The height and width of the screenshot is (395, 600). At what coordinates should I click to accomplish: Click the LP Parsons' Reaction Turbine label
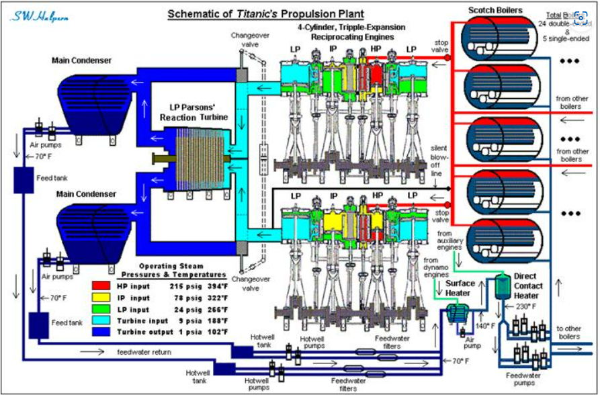[x=194, y=112]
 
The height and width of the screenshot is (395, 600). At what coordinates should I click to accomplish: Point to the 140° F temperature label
[x=486, y=326]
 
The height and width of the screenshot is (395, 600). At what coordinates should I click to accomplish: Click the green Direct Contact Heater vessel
[x=501, y=287]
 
